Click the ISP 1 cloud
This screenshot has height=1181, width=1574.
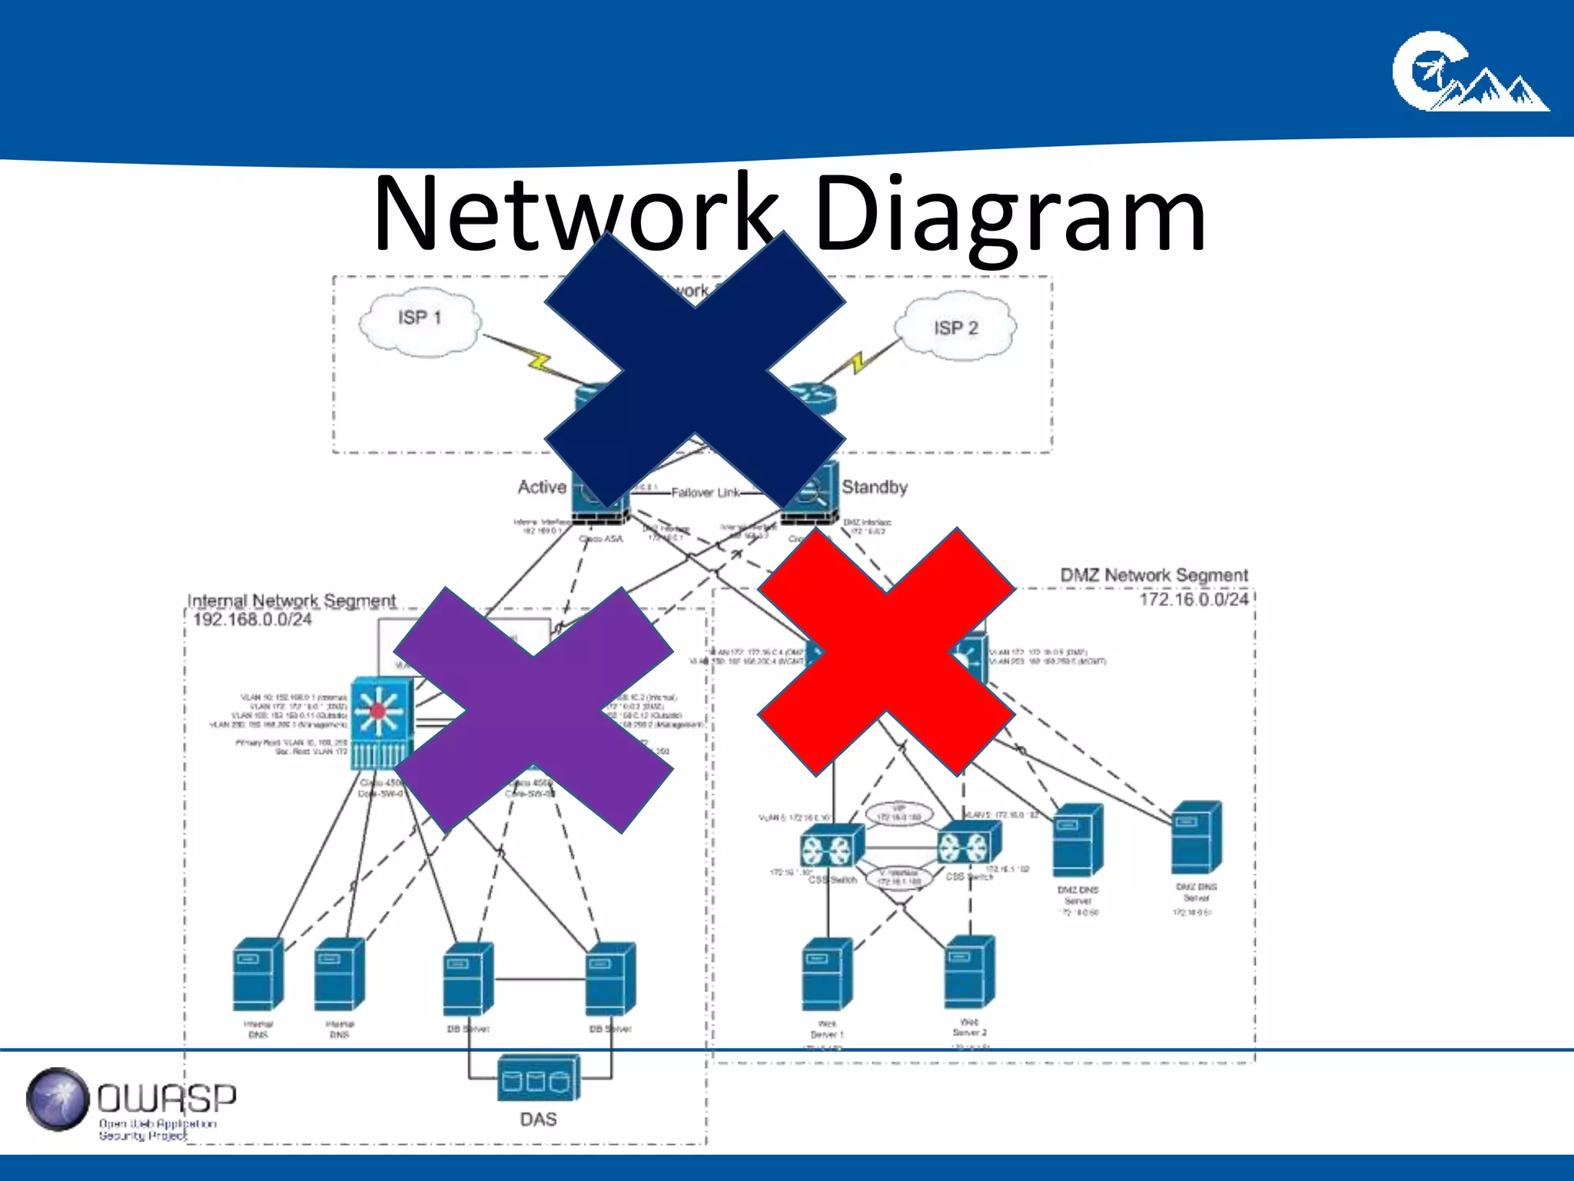tap(420, 323)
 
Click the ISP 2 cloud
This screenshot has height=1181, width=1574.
tap(956, 327)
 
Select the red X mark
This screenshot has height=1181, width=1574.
tap(886, 652)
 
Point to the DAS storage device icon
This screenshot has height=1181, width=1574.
tap(538, 1078)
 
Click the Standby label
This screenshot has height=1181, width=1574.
tap(874, 487)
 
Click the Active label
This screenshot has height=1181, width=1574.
tap(542, 487)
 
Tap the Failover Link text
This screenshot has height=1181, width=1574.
tap(705, 493)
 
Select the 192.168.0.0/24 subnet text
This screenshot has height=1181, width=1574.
tap(252, 620)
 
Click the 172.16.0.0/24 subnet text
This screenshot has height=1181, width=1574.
tap(1193, 600)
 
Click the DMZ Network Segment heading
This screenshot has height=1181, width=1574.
tap(1154, 575)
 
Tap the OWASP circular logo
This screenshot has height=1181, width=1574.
tap(58, 1099)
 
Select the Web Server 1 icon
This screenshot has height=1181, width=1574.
tap(826, 975)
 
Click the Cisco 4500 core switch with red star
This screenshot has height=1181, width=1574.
tap(380, 723)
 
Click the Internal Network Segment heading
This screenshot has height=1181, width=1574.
tap(291, 600)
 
